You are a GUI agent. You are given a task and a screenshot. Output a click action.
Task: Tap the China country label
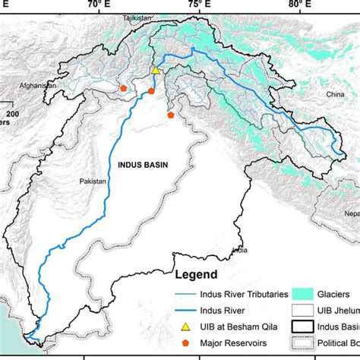pos(335,94)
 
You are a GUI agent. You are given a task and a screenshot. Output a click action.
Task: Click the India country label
pos(239,249)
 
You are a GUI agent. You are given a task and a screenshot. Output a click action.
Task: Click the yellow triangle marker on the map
pos(156,70)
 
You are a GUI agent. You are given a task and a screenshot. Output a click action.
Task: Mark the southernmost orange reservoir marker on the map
pos(172,115)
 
